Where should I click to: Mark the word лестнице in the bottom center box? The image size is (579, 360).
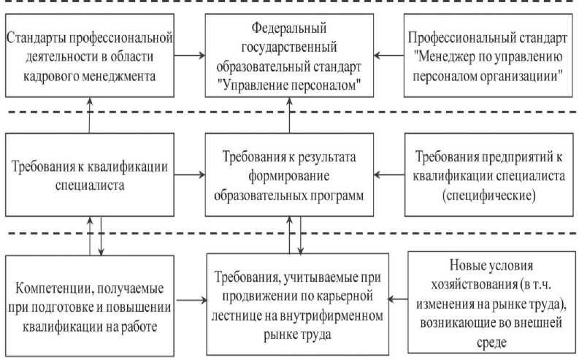pos(247,316)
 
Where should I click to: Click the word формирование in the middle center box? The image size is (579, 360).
pos(289,179)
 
